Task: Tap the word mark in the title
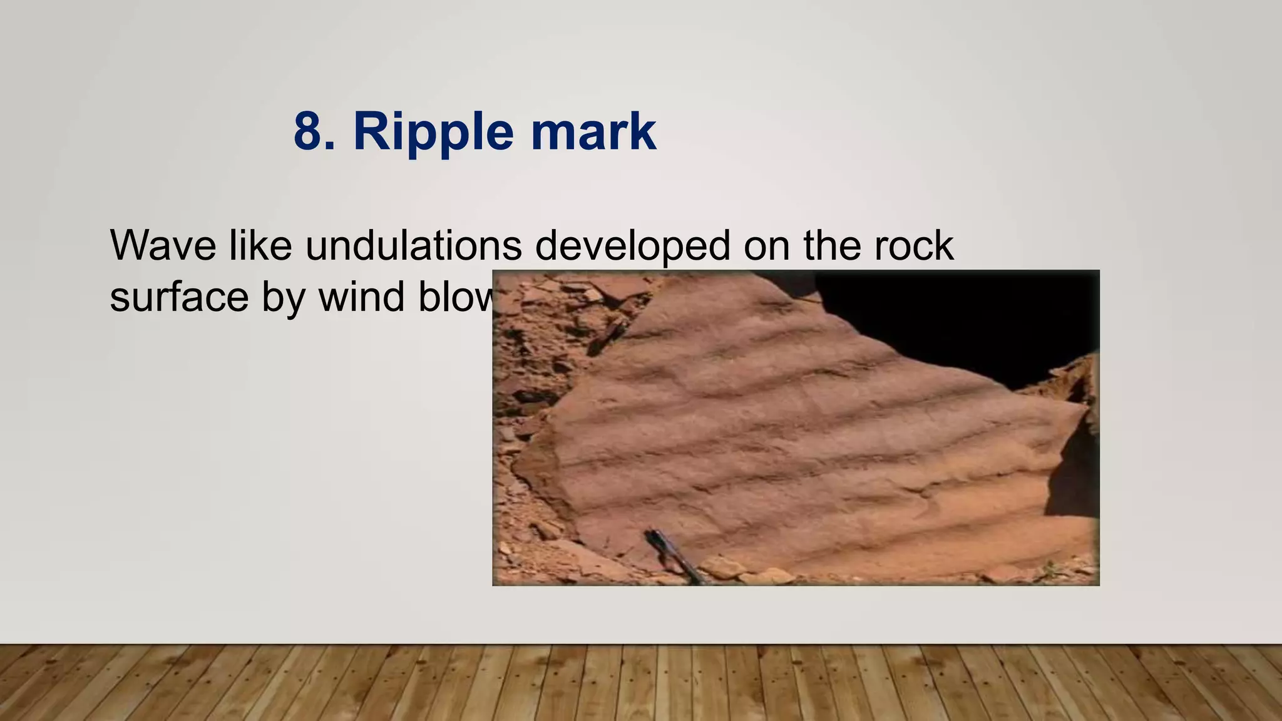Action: pos(593,131)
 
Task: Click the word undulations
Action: pos(414,245)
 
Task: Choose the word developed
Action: pos(632,247)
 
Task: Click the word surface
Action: pos(179,298)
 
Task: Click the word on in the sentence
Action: pos(767,247)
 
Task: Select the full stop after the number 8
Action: pos(331,147)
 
